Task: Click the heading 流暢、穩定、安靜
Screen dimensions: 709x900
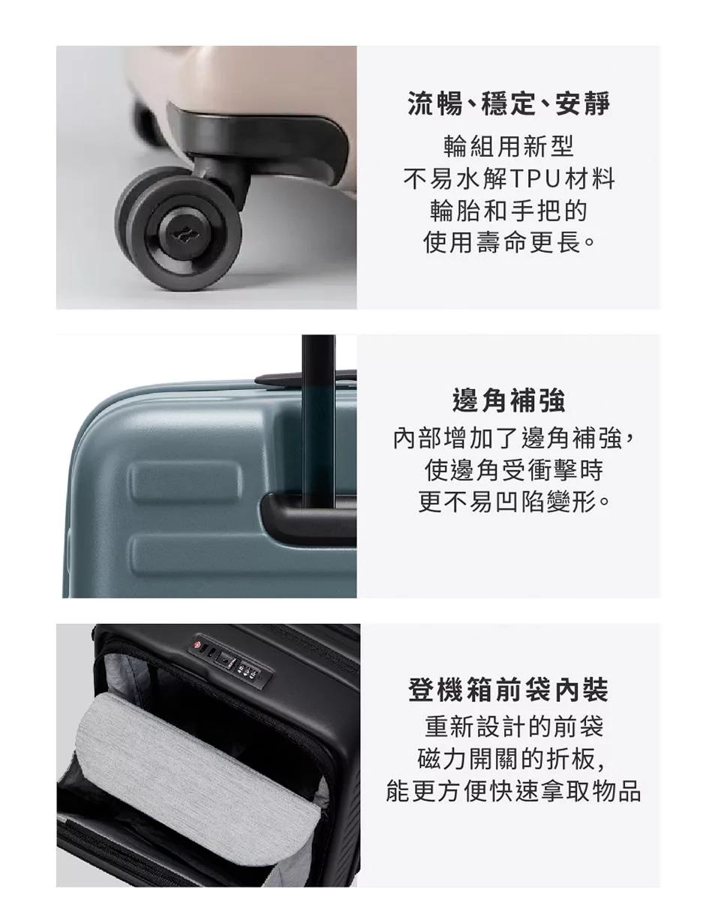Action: (508, 103)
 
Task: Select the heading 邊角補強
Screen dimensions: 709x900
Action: (508, 400)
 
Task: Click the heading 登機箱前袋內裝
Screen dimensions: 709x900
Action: (508, 690)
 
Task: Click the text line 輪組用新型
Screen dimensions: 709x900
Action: (508, 147)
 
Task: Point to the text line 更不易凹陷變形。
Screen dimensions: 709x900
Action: (513, 502)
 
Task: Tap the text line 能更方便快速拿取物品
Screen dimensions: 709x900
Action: (513, 790)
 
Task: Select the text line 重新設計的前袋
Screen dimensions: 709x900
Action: (514, 727)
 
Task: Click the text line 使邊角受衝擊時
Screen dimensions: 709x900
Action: (513, 470)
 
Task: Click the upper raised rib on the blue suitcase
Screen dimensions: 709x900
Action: (185, 481)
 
